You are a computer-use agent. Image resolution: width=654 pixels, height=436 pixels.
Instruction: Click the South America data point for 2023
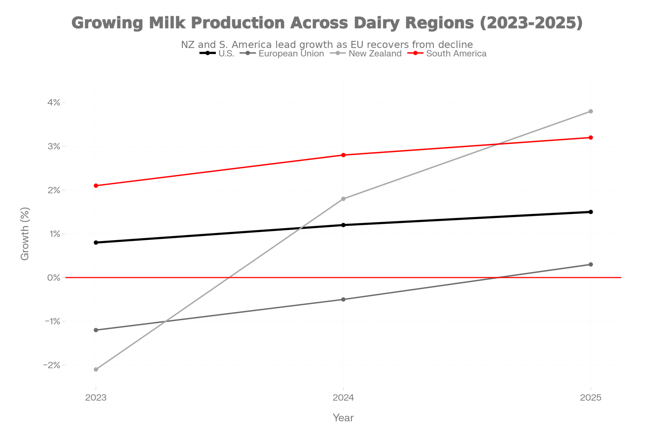coord(96,185)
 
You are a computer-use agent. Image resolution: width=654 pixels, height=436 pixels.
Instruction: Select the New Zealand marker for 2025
coord(591,111)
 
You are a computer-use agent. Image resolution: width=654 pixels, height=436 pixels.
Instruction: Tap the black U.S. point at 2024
coord(343,225)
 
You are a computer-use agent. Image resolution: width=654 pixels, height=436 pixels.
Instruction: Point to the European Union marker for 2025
coord(591,264)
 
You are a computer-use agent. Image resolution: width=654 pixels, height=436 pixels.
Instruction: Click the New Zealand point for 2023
coord(96,369)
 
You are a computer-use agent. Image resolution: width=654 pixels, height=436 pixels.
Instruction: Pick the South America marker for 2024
coord(343,155)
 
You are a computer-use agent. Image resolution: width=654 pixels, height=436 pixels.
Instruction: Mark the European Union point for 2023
coord(96,330)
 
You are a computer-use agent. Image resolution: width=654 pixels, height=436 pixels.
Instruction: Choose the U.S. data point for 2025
coord(591,212)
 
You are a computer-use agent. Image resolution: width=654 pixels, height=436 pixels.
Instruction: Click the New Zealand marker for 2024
coord(343,199)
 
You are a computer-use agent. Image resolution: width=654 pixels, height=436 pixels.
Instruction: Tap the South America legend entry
coord(456,54)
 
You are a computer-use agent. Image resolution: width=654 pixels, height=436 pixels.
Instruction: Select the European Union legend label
coord(291,54)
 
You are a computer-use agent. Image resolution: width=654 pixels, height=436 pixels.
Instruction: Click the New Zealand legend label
coord(375,54)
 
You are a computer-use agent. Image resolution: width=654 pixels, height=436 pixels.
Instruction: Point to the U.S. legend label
coord(226,54)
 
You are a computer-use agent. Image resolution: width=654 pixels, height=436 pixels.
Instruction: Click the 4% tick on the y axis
coord(54,103)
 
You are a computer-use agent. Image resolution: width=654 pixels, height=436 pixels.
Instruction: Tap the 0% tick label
coord(54,278)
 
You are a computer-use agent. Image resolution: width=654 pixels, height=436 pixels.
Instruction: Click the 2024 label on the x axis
coord(343,397)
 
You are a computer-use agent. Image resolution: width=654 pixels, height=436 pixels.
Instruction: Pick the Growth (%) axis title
coord(25,234)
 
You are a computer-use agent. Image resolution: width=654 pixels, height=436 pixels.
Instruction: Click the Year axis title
coord(343,418)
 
